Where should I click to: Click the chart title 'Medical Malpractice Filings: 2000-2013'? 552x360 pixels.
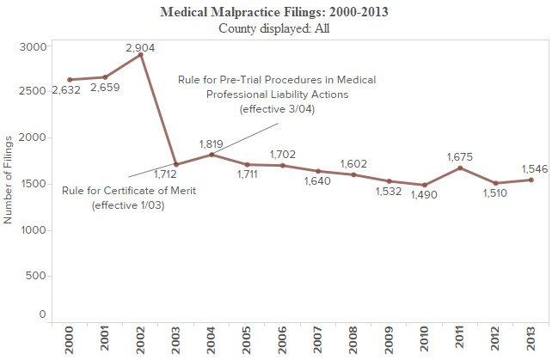tap(275, 13)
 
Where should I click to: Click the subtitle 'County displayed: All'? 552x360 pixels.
tap(275, 28)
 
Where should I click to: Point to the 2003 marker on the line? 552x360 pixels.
tap(175, 165)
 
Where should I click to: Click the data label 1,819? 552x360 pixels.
tap(212, 143)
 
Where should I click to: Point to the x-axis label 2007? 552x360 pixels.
tap(317, 337)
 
